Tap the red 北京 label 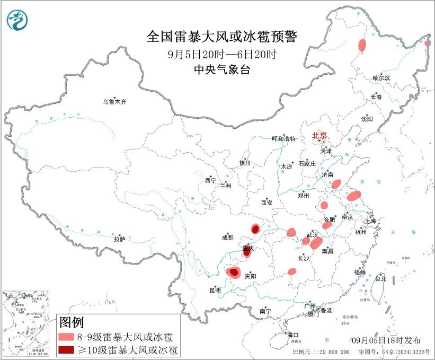(320, 135)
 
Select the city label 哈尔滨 (381, 77)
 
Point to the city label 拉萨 (119, 239)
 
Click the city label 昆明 (215, 290)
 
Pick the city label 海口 (293, 335)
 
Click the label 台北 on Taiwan (380, 278)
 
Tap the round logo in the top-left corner (17, 20)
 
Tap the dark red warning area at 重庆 (246, 252)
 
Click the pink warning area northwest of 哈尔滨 (362, 45)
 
